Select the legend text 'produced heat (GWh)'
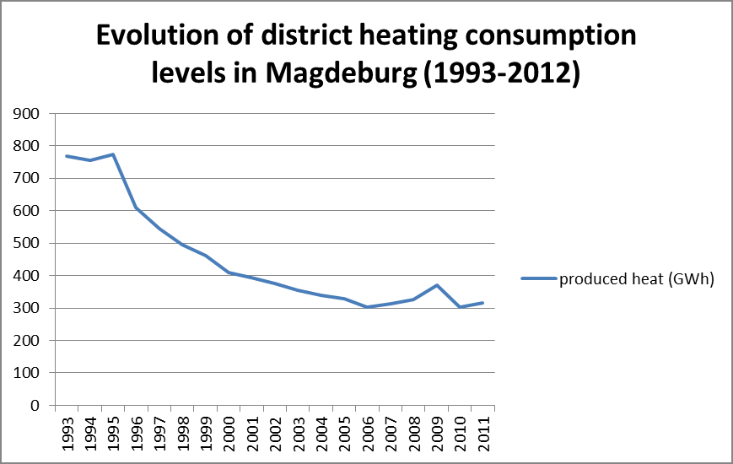point(637,280)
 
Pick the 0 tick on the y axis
point(35,406)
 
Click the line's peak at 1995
point(113,154)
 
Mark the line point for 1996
point(137,208)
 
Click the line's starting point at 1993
point(67,156)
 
